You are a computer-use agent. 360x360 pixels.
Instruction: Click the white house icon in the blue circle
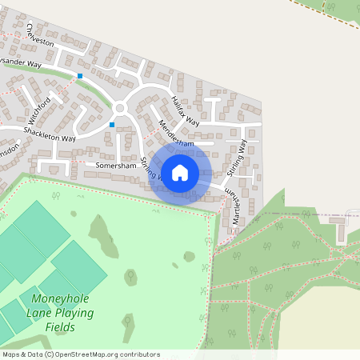pos(180,172)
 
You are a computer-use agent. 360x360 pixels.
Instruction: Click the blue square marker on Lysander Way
pos(80,76)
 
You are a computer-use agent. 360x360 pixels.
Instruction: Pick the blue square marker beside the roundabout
pos(112,125)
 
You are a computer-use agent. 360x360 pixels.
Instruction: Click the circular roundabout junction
pos(121,108)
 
